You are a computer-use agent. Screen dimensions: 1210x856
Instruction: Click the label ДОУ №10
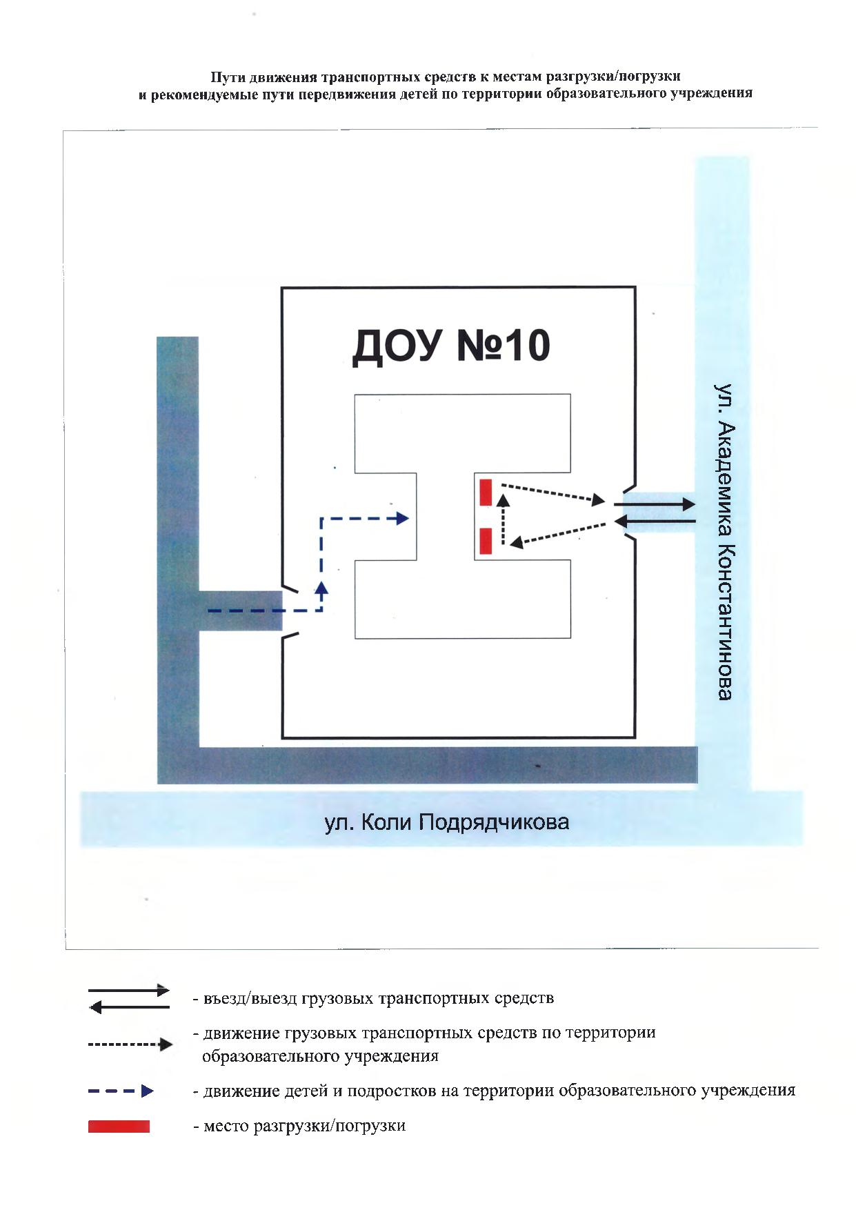coord(450,347)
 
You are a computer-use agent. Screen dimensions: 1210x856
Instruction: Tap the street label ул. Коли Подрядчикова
coord(447,822)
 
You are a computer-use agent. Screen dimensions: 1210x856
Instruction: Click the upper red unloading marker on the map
coord(486,492)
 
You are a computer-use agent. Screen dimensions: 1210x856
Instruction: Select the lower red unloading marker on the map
coord(486,540)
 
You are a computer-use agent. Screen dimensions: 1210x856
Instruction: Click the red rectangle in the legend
coord(119,1126)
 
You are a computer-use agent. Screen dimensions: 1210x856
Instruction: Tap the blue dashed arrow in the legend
coord(121,1091)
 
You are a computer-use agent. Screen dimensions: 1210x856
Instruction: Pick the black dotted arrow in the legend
coord(130,1044)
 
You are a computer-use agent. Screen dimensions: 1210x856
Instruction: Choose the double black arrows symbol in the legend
coord(129,999)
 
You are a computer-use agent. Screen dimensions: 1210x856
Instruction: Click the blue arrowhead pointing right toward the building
coord(402,519)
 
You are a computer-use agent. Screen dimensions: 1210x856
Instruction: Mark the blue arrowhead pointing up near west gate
coord(321,588)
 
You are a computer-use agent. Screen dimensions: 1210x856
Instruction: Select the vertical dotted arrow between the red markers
coord(503,519)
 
